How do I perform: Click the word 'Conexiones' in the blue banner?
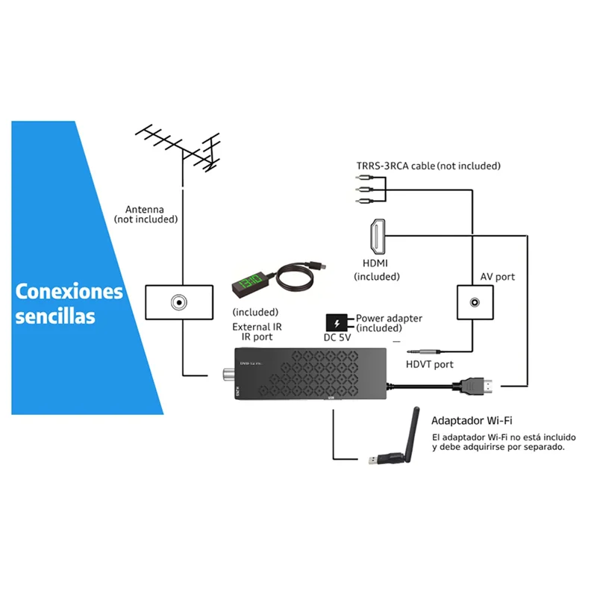coord(69,290)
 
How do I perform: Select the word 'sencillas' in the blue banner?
coord(55,316)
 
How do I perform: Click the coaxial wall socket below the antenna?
coord(179,302)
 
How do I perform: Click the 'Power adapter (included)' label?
coord(389,323)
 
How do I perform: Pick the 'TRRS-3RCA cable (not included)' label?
coord(427,166)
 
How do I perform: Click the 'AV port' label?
coord(497,276)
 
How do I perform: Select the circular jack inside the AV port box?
coord(474,303)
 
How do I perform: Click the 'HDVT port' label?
coord(429,364)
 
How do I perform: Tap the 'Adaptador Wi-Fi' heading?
coord(471,421)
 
